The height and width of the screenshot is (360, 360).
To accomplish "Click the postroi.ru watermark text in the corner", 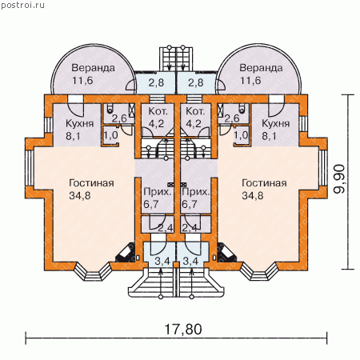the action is pyautogui.click(x=23, y=5).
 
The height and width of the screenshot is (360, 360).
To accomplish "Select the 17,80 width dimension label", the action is pyautogui.click(x=183, y=329).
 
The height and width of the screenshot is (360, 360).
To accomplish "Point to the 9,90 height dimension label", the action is pyautogui.click(x=340, y=179).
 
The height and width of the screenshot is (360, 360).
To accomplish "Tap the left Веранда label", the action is pyautogui.click(x=93, y=68).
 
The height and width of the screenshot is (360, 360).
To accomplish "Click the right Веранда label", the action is pyautogui.click(x=261, y=68).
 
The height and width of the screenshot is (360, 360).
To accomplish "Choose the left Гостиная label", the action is pyautogui.click(x=91, y=183).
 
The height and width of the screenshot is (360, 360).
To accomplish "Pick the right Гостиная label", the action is pyautogui.click(x=264, y=183).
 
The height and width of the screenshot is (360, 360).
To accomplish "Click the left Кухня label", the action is pyautogui.click(x=79, y=123).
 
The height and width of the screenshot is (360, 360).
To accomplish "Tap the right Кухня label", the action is pyautogui.click(x=276, y=123).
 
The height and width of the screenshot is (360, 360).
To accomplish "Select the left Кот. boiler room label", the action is pyautogui.click(x=158, y=111).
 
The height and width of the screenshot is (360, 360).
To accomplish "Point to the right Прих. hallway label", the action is pyautogui.click(x=195, y=192).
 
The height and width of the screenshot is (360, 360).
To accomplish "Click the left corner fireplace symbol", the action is pyautogui.click(x=126, y=253).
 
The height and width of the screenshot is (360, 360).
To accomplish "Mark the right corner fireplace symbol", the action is pyautogui.click(x=226, y=253).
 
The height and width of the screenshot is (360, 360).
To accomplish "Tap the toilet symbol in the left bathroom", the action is pyautogui.click(x=110, y=109).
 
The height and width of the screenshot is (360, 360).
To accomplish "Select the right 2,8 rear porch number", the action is pyautogui.click(x=196, y=82).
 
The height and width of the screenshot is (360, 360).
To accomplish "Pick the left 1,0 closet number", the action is pyautogui.click(x=110, y=135).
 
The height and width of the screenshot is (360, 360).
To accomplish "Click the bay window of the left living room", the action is pyautogui.click(x=92, y=271).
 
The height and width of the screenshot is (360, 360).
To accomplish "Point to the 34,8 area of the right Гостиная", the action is pyautogui.click(x=253, y=195).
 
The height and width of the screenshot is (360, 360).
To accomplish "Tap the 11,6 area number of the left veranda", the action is pyautogui.click(x=82, y=80).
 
